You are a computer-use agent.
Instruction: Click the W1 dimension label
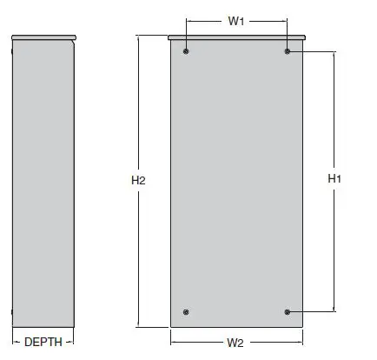point(235,22)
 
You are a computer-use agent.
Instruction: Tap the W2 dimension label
point(235,343)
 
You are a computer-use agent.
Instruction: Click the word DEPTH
point(43,342)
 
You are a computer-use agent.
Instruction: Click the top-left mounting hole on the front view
point(187,52)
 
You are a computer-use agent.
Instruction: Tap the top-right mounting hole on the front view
point(288,52)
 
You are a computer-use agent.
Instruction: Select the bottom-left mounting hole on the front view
point(187,311)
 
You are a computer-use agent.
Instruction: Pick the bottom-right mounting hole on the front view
point(288,311)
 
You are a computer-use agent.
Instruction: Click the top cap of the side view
point(43,37)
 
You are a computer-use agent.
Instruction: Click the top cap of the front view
point(236,37)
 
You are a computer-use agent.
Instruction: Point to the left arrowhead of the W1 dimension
point(188,22)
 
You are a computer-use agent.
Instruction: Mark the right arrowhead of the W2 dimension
point(300,343)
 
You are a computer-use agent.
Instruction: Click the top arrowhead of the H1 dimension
point(334,54)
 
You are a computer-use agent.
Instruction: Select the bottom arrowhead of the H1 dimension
point(334,309)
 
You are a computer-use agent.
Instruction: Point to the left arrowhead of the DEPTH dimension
point(15,342)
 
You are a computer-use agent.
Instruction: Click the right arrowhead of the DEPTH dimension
point(71,342)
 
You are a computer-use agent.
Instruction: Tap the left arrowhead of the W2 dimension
point(173,343)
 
